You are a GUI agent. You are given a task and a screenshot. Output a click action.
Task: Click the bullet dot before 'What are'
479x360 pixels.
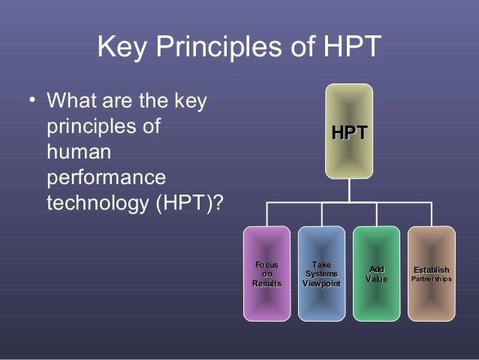click(30, 101)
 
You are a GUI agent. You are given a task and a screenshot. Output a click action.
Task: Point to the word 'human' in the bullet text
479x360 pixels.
click(79, 153)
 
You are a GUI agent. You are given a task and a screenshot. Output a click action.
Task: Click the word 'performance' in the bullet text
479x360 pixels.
click(106, 179)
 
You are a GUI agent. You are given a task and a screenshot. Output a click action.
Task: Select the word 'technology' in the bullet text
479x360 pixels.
click(97, 204)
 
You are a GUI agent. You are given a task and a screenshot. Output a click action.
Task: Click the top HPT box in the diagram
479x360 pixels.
click(349, 132)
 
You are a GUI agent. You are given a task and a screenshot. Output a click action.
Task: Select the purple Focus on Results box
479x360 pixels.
click(267, 274)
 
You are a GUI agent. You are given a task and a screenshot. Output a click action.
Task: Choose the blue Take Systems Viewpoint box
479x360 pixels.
click(321, 274)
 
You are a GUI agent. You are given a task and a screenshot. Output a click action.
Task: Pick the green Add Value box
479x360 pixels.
click(376, 274)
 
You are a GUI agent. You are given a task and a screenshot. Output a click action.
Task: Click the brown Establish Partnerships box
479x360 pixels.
click(431, 274)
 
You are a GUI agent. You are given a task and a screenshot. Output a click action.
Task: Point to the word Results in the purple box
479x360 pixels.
click(267, 283)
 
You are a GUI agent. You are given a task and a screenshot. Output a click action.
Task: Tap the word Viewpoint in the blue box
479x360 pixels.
click(321, 283)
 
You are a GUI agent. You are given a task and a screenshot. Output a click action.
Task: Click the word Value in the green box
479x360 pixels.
click(376, 280)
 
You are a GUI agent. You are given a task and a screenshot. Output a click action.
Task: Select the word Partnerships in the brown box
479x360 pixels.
click(431, 279)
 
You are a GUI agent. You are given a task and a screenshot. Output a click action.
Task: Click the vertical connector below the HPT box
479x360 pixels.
click(349, 191)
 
